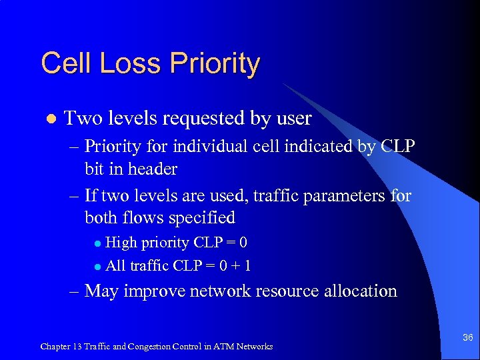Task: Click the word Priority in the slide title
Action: [x=215, y=64]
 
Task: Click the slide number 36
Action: [x=468, y=338]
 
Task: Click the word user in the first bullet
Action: [x=289, y=119]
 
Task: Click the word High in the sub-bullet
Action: [x=120, y=242]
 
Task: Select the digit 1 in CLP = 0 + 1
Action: [x=247, y=265]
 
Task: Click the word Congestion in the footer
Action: [x=151, y=346]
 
